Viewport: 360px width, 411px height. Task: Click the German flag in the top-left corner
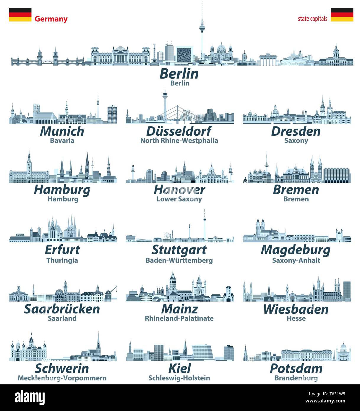tap(20, 14)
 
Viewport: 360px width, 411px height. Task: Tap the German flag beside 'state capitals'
tap(342, 14)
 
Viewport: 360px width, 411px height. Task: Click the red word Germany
tap(51, 19)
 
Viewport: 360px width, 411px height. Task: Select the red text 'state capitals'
tap(312, 19)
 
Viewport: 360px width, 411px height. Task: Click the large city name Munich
tap(62, 131)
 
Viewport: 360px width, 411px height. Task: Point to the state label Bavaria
tap(62, 140)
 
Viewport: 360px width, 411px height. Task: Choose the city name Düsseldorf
tap(179, 131)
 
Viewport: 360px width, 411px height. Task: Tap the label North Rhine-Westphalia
tap(179, 140)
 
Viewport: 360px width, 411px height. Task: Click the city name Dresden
tap(296, 131)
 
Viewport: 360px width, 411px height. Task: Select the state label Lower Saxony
tap(179, 199)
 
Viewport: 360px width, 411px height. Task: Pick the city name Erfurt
tap(62, 250)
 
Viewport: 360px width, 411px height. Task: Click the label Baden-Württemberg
tap(179, 260)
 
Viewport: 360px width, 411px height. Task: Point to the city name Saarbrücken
tap(62, 309)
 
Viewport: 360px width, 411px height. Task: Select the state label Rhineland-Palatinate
tap(179, 318)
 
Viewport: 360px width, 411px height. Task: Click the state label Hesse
tap(296, 318)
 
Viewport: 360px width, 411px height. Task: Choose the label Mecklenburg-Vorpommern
tap(62, 378)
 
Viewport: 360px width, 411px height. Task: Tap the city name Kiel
tap(179, 368)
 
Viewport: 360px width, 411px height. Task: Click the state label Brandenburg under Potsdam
tap(296, 378)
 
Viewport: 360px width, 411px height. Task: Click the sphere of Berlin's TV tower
tap(202, 28)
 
